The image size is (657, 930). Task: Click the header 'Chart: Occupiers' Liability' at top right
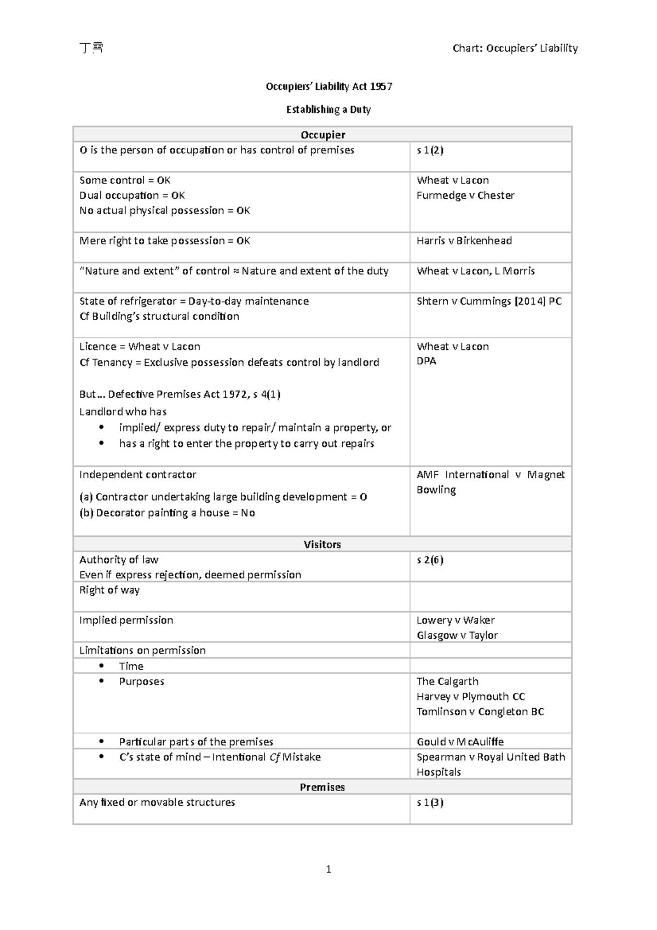click(x=515, y=48)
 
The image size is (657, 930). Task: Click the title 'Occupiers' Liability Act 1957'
click(x=328, y=87)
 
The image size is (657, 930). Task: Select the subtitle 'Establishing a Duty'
click(x=328, y=110)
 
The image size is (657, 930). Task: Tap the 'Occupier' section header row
click(x=322, y=135)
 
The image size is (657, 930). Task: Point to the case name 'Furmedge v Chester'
click(x=465, y=196)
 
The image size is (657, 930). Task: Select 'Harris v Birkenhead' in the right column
click(x=464, y=241)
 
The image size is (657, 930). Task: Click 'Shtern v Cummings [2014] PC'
click(x=488, y=301)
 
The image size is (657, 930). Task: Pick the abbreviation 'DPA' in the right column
click(x=426, y=361)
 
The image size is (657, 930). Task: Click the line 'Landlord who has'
click(x=123, y=412)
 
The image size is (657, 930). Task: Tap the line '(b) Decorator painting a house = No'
click(x=167, y=513)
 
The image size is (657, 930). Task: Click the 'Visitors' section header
click(x=322, y=544)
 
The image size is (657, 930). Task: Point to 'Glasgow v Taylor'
click(x=457, y=635)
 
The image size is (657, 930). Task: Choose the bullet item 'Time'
click(x=131, y=666)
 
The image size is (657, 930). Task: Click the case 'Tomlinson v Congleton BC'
click(x=480, y=711)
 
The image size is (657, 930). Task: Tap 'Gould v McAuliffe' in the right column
click(x=459, y=742)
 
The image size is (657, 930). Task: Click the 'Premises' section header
click(x=322, y=787)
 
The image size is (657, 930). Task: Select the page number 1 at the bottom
click(x=328, y=869)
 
